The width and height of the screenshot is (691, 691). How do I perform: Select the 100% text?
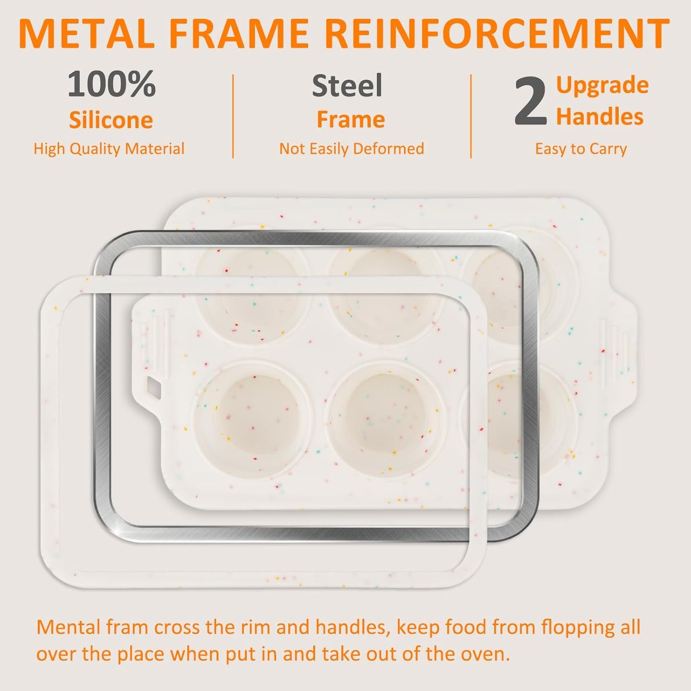111,84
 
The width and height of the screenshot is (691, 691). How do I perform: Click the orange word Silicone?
111,120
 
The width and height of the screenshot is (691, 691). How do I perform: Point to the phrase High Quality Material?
109,149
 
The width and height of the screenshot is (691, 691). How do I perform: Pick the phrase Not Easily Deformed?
351,149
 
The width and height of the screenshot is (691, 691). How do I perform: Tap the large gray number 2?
530,102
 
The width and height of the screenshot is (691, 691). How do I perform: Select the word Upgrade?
602,85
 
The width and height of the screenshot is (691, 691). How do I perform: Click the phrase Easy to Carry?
581,149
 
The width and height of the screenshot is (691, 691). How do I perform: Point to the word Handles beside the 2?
600,117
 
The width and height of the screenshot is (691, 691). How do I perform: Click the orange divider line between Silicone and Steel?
233,116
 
